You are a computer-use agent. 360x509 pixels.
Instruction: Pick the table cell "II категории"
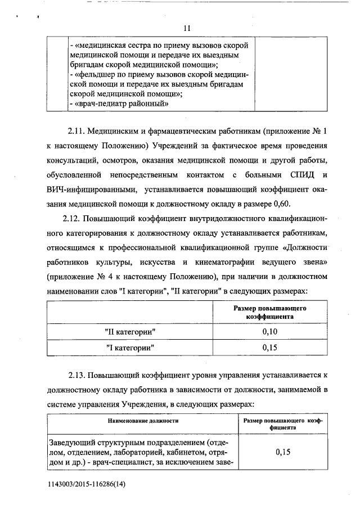(130, 332)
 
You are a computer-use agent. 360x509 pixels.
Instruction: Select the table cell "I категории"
(130, 348)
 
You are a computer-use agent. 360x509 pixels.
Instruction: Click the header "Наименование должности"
(142, 421)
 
